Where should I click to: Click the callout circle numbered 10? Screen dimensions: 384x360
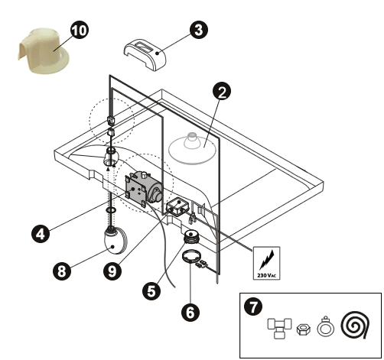tap(80, 30)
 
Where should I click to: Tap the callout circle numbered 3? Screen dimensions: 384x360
tap(199, 30)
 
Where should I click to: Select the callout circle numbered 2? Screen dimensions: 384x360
tap(222, 91)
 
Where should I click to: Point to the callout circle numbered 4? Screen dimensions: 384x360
tap(41, 233)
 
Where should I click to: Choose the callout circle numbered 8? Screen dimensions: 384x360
tap(62, 271)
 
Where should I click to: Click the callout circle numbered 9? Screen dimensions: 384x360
tap(112, 271)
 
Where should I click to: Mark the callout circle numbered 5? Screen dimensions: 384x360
tap(151, 290)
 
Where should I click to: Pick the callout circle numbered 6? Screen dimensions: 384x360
tap(190, 312)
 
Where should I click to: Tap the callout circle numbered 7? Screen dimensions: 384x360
tap(253, 306)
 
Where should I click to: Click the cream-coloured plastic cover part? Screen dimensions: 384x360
tap(44, 51)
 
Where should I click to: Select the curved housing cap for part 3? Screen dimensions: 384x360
tap(145, 55)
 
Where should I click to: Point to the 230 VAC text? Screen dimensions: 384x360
tap(266, 275)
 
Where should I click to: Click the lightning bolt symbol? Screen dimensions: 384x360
tap(267, 260)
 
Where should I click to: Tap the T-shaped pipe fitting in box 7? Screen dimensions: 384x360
tap(279, 328)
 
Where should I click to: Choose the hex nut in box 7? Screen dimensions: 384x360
tap(304, 329)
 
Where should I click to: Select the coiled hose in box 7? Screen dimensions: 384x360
tap(355, 325)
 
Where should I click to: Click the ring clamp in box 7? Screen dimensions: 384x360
tap(326, 326)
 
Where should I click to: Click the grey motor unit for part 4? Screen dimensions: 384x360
tap(143, 188)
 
